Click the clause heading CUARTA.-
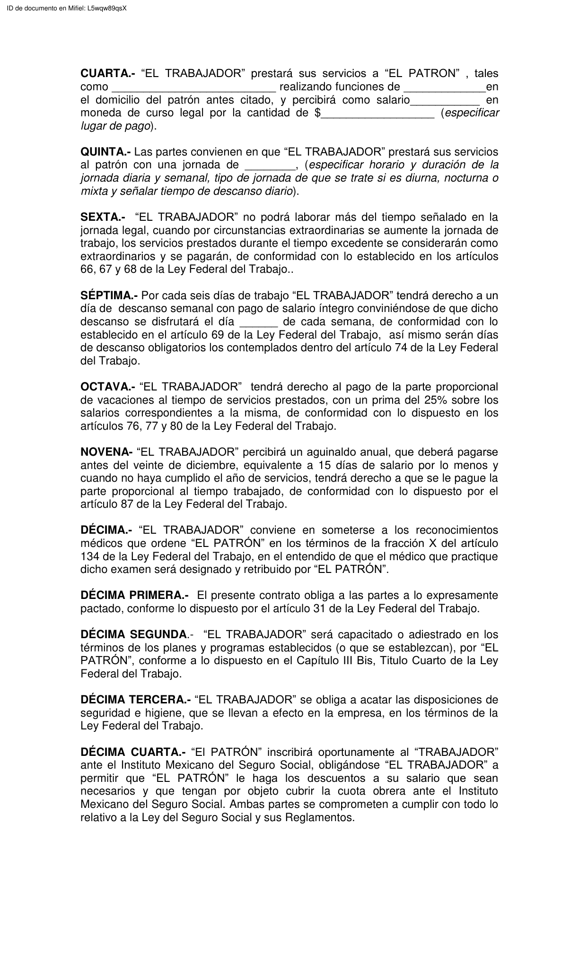point(108,74)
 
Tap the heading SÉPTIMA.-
point(109,296)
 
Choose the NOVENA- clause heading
point(106,452)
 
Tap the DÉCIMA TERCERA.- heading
point(136,700)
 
